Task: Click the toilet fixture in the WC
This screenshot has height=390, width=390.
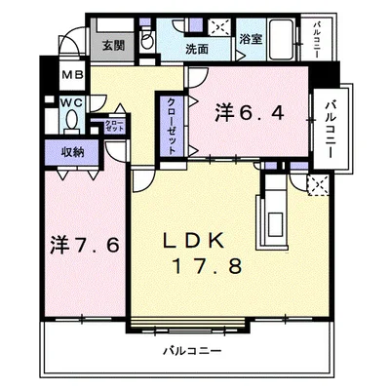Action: click(x=72, y=121)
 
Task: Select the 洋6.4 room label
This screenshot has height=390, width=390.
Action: click(x=250, y=113)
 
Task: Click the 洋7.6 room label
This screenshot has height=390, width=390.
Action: click(x=83, y=244)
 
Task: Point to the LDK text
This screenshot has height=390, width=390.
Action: click(x=203, y=241)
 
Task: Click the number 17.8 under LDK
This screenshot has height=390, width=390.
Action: click(x=207, y=266)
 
